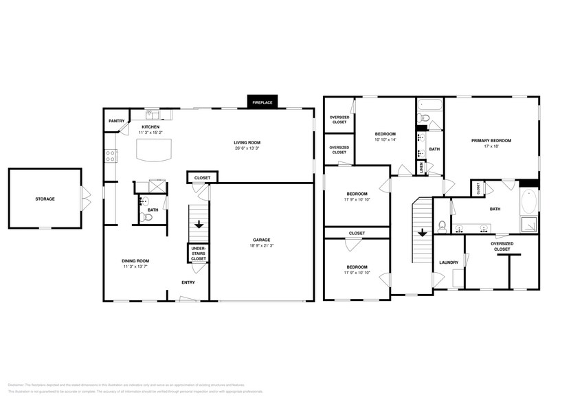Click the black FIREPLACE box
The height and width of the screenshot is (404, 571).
[x=262, y=102]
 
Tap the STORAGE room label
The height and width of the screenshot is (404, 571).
[x=45, y=199]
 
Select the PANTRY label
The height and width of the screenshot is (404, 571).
[x=116, y=121]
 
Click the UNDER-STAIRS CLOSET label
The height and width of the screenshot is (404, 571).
[x=198, y=253]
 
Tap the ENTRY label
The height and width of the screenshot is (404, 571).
[x=187, y=282]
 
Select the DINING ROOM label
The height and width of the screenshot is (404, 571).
[x=135, y=260]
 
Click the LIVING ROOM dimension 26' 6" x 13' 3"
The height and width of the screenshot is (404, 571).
[x=247, y=148]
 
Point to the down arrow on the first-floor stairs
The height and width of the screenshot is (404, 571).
[x=199, y=224]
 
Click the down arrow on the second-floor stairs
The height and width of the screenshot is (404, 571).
[x=421, y=232]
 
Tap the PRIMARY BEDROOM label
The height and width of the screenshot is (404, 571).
[x=491, y=140]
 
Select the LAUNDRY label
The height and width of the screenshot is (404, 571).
[x=449, y=262]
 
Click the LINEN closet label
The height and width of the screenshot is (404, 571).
[x=421, y=166]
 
